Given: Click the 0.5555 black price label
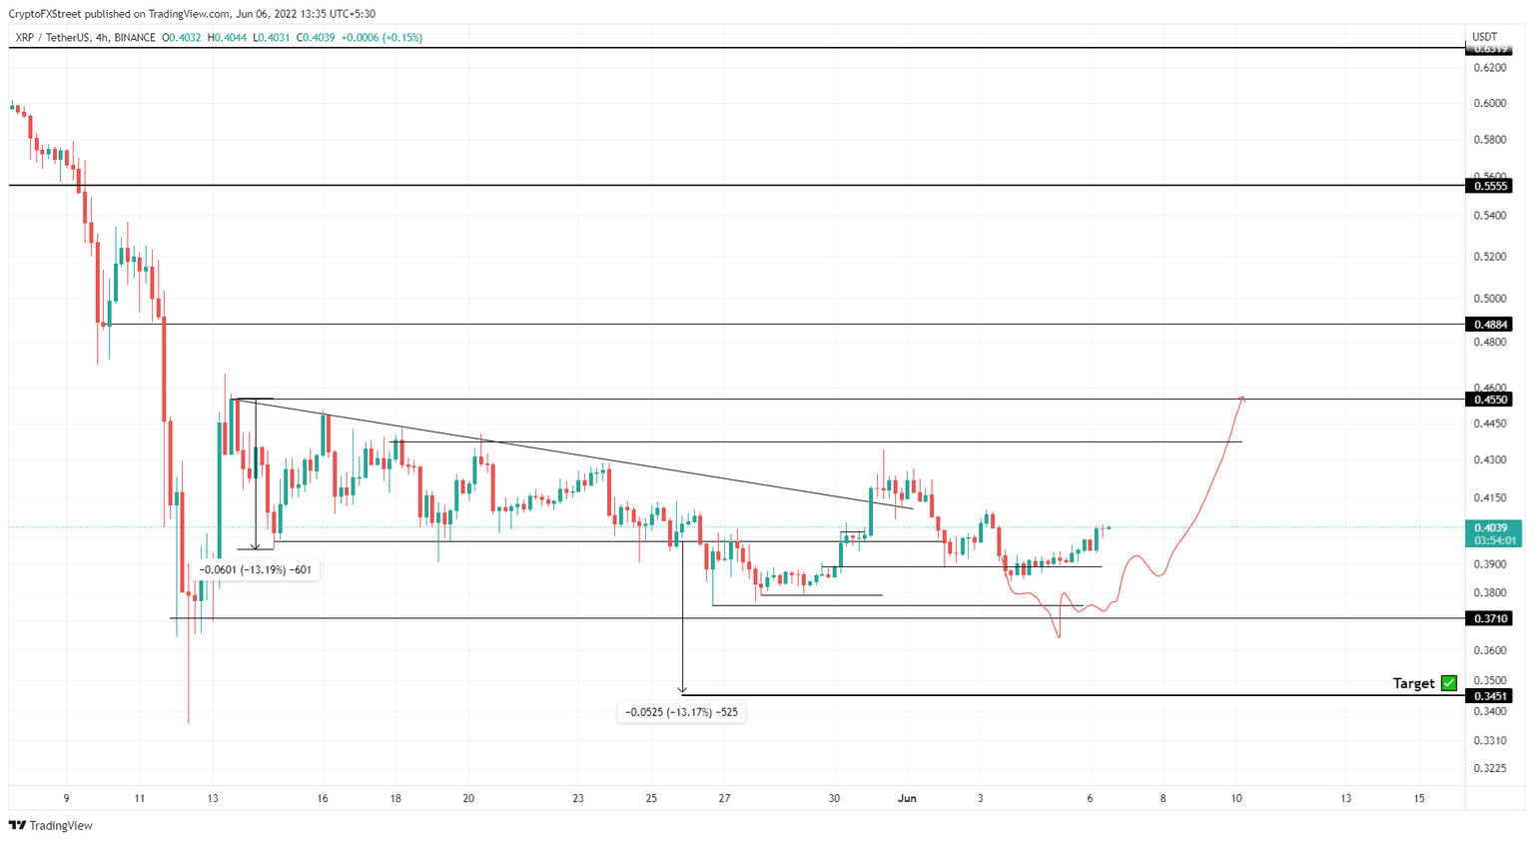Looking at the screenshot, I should (x=1490, y=186).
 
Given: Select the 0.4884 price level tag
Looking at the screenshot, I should (x=1490, y=325).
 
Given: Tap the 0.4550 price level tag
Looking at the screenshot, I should (x=1490, y=400).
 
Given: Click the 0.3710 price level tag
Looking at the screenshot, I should (x=1490, y=619).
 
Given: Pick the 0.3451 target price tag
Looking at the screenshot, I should (x=1490, y=696).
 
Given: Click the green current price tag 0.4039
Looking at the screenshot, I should (x=1492, y=527).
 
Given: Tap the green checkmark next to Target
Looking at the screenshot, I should (x=1449, y=683).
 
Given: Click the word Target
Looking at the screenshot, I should (x=1413, y=683).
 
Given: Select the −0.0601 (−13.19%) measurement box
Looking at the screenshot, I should (x=256, y=570).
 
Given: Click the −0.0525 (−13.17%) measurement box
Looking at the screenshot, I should (x=682, y=712).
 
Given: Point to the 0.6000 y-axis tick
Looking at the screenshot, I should (x=1490, y=104).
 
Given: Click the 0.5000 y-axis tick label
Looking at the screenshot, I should (x=1490, y=299).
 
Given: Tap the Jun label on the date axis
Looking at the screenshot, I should (x=907, y=798).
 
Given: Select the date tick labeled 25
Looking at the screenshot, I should (x=651, y=798).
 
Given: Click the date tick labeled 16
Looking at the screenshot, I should (x=323, y=798).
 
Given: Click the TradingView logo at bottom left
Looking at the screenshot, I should (x=51, y=826).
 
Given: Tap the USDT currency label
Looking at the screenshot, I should (x=1485, y=37).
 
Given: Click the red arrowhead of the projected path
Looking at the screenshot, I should (x=1242, y=399).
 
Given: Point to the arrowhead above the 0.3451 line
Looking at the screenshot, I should (x=682, y=689).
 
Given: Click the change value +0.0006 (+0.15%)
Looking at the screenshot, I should (x=382, y=38).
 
